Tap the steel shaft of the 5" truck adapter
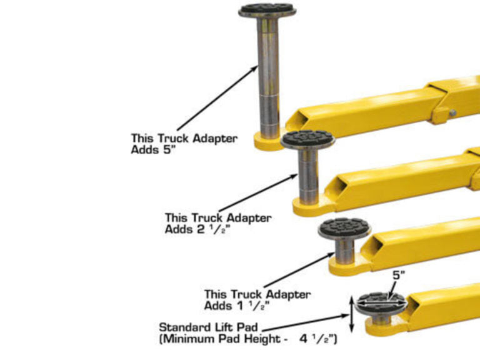click(269, 75)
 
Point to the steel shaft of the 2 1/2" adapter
click(307, 175)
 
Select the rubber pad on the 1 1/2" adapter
click(344, 227)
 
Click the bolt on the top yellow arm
click(452, 113)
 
